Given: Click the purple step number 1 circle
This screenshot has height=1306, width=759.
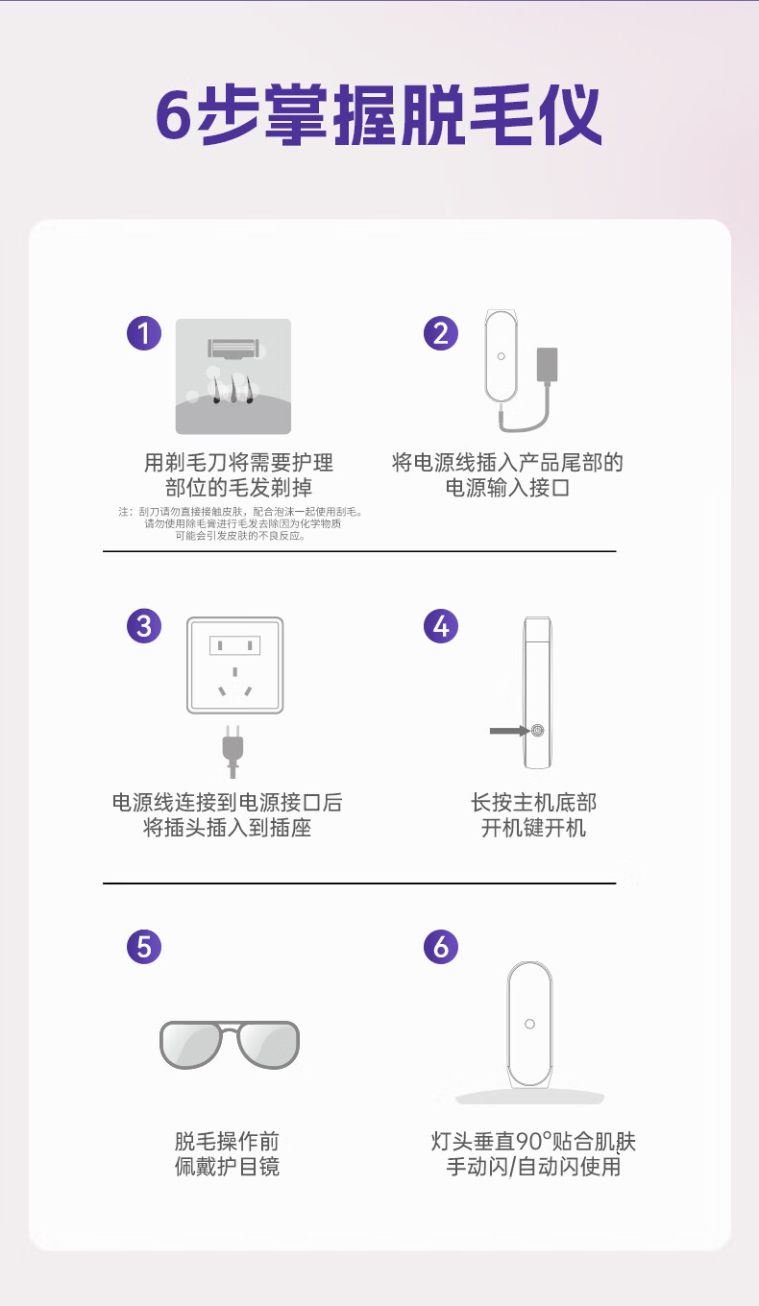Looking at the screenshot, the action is pyautogui.click(x=144, y=333).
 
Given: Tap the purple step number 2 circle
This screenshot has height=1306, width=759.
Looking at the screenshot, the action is pyautogui.click(x=440, y=333).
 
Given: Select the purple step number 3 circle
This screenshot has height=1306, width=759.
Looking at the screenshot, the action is pyautogui.click(x=144, y=626).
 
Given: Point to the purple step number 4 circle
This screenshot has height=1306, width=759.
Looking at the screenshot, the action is pyautogui.click(x=440, y=626).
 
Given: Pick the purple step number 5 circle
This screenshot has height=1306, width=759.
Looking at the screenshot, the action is pyautogui.click(x=144, y=946).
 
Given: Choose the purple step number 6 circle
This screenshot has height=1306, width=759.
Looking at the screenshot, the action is pyautogui.click(x=440, y=946).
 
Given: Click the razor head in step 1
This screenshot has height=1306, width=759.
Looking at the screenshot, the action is pyautogui.click(x=233, y=349).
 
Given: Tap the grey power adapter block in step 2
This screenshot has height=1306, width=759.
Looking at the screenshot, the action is pyautogui.click(x=548, y=366).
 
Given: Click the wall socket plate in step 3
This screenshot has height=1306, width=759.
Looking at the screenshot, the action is pyautogui.click(x=235, y=665).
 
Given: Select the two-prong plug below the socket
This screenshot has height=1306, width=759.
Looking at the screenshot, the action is pyautogui.click(x=233, y=752).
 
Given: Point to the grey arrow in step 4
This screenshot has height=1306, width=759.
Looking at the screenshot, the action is pyautogui.click(x=509, y=731).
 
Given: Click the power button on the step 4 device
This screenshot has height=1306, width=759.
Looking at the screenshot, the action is pyautogui.click(x=537, y=730).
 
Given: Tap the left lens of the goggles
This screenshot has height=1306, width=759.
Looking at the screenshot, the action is pyautogui.click(x=190, y=1044).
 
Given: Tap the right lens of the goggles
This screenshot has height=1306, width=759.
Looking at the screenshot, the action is pyautogui.click(x=269, y=1044).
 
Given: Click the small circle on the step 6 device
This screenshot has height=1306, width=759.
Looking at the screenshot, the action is pyautogui.click(x=529, y=1024).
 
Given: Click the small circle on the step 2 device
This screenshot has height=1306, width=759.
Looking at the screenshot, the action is pyautogui.click(x=502, y=356).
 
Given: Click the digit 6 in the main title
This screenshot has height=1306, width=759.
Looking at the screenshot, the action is pyautogui.click(x=174, y=115).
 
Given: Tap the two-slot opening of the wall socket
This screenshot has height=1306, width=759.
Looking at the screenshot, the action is pyautogui.click(x=235, y=645).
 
